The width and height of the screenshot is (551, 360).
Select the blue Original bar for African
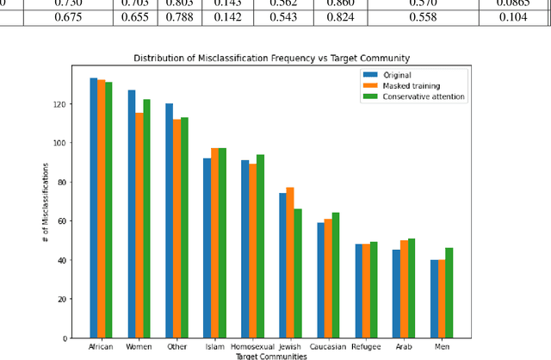[94, 208]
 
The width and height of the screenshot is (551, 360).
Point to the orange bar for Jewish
[290, 263]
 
